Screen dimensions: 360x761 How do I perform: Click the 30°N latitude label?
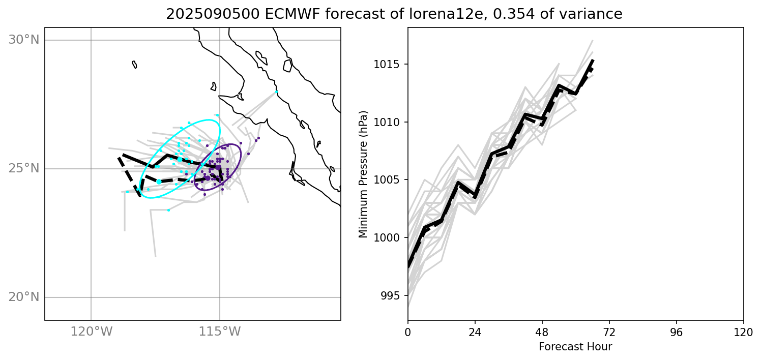point(24,40)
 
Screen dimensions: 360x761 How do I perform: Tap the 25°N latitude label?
point(24,168)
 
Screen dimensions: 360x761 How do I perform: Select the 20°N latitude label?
point(24,297)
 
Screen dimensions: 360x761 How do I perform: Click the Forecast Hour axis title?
point(575,347)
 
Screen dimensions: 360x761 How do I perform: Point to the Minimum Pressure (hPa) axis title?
point(363,174)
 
